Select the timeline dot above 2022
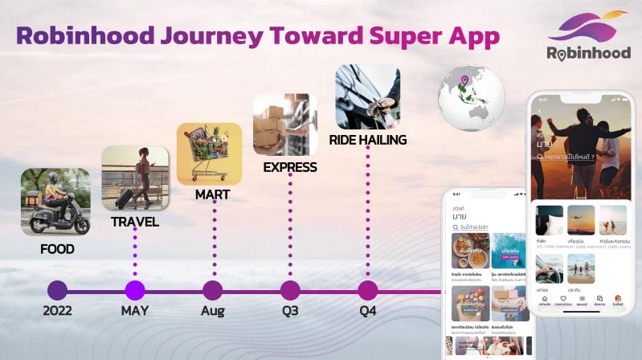pos(57,290)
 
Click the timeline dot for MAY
pos(135,290)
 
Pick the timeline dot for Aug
pos(212,290)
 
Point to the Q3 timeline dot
pos(290,290)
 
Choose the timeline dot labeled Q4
pos(367,290)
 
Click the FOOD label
pos(56,249)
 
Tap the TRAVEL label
pos(134,222)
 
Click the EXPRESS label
pos(290,167)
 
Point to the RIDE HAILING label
pos(367,140)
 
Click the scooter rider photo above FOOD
pos(55,202)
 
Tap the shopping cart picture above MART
pos(209,153)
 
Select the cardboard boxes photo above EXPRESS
pos(285,125)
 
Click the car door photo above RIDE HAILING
pos(367,97)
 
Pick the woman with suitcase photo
pos(135,178)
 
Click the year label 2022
pos(57,311)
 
